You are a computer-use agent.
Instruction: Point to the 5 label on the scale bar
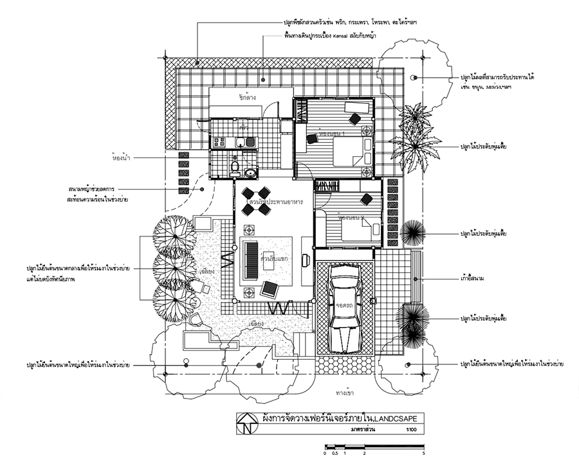424,454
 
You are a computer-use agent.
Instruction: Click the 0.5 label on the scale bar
335,454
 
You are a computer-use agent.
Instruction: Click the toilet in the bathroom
235,168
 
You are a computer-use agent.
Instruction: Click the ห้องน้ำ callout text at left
121,156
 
